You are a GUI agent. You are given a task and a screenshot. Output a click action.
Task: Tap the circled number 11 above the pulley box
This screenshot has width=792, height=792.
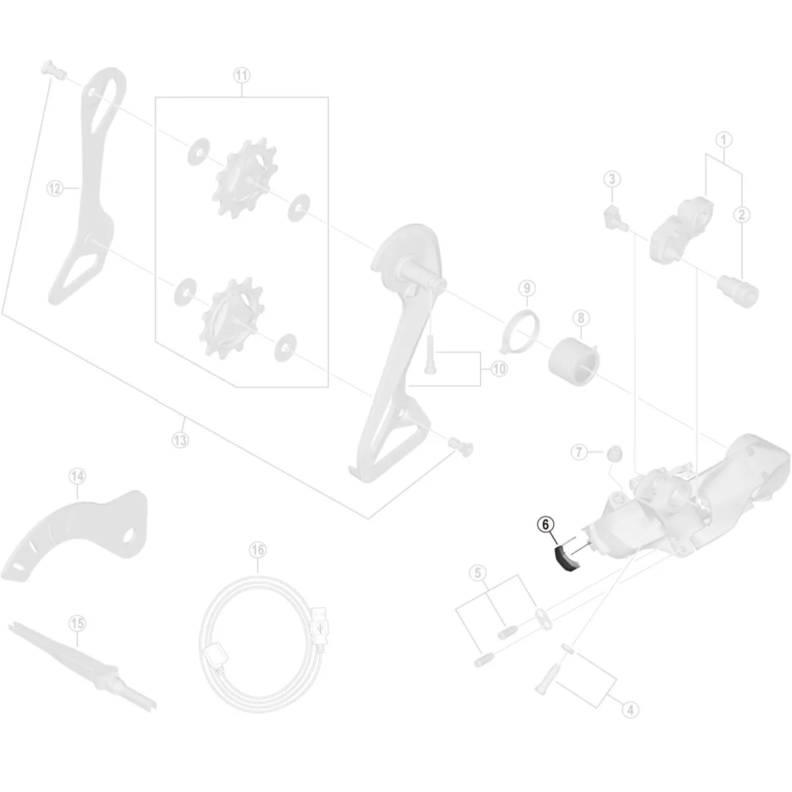(242, 75)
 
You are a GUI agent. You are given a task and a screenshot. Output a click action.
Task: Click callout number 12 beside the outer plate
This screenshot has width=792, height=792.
(54, 188)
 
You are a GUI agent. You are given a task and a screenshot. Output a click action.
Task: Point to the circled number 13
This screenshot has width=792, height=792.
(180, 440)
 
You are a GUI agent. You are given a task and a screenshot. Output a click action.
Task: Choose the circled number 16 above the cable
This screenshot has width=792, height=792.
(257, 549)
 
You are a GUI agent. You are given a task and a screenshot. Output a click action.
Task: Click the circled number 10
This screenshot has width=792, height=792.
(499, 370)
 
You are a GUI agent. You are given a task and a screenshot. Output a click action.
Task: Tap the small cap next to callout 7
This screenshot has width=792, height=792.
(614, 454)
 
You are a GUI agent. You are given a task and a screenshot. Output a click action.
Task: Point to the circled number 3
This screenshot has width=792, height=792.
(612, 178)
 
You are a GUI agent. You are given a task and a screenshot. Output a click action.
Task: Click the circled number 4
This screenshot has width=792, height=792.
(630, 709)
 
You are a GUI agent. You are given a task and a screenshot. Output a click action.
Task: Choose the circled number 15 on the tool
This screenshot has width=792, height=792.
(77, 622)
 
